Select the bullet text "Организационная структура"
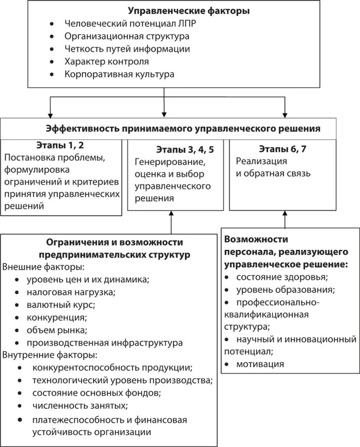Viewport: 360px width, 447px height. click(x=127, y=36)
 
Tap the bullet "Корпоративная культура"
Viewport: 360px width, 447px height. click(x=119, y=74)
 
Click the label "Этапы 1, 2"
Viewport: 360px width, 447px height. click(x=59, y=144)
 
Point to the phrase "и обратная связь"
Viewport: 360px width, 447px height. click(x=273, y=173)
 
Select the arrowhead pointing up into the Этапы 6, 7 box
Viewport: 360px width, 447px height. click(x=285, y=214)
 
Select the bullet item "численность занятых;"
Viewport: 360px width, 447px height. click(x=80, y=405)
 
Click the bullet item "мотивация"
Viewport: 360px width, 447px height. click(x=260, y=364)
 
